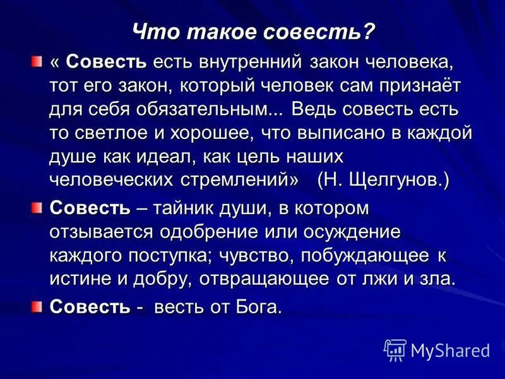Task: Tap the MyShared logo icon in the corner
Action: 395,349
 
